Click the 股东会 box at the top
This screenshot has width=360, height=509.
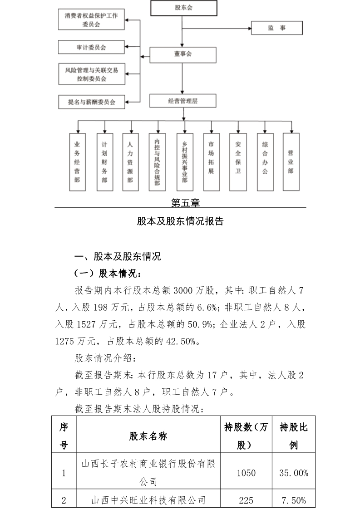183,8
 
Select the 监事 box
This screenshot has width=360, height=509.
277,28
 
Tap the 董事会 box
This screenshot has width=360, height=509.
183,55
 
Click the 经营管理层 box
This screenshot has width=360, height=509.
183,101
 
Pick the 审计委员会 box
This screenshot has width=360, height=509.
91,47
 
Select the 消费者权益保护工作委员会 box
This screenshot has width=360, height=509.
91,20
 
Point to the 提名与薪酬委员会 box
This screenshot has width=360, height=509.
92,102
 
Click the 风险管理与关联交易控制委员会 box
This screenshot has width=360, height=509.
92,74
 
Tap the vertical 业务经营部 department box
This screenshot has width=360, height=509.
77,162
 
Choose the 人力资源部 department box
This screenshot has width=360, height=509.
130,162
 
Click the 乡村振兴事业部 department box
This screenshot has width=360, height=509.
185,162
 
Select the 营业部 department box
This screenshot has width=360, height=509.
291,162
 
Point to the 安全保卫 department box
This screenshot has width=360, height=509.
238,162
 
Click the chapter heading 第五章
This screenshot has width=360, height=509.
186,203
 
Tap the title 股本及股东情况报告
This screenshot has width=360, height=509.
180,221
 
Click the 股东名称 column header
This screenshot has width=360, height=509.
148,436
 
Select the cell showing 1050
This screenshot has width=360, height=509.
246,473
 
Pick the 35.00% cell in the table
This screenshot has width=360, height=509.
294,473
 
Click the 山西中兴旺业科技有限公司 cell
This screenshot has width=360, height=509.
148,499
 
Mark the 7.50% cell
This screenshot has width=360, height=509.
294,499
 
